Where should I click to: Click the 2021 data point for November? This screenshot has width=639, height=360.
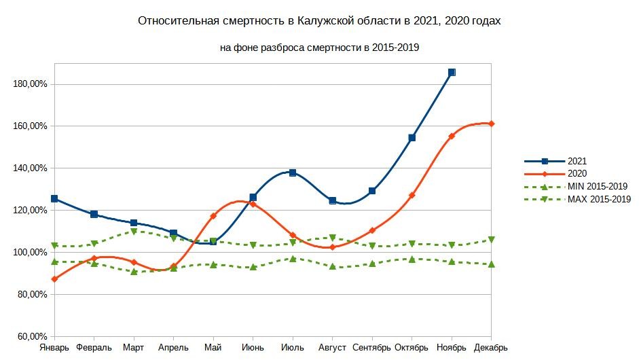(452, 72)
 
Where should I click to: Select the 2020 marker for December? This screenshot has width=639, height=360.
(491, 124)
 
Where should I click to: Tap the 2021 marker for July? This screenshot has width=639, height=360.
(293, 173)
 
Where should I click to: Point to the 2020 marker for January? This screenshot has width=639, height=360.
(54, 279)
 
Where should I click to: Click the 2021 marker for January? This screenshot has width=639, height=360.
(54, 199)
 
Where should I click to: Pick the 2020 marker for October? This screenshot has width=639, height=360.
(412, 195)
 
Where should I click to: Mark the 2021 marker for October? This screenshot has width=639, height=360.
(412, 138)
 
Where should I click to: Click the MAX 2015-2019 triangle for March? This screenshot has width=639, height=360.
(134, 232)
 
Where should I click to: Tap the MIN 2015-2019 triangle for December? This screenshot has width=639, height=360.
(491, 264)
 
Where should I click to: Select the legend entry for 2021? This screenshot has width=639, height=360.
(577, 162)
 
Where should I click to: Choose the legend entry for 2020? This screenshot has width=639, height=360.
(577, 174)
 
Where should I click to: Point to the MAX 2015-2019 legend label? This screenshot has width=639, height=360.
(599, 200)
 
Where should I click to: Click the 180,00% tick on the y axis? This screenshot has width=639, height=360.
(30, 84)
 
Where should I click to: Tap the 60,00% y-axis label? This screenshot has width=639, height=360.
(32, 336)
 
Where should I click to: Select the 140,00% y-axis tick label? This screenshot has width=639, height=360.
(30, 168)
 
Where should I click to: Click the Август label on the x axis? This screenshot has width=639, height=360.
(333, 348)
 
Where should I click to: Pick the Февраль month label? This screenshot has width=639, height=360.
(94, 348)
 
